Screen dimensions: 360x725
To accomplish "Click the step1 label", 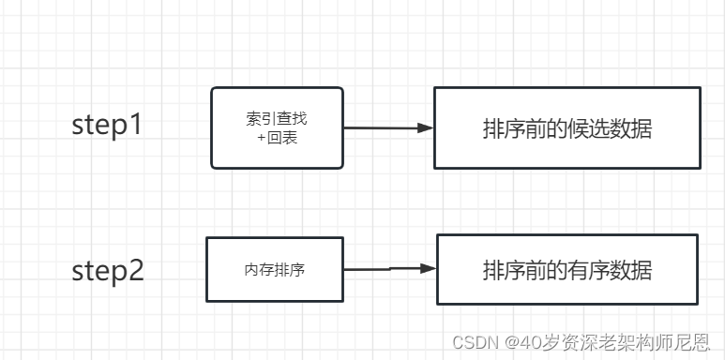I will pos(108,126).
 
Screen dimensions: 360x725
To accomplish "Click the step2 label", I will pos(108,271).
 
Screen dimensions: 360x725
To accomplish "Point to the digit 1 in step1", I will pos(136,126).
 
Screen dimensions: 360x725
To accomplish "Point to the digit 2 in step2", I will pos(136,271).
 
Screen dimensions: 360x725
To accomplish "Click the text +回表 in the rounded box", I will pos(276,137).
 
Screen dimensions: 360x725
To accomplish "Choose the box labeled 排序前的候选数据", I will pos(566,128).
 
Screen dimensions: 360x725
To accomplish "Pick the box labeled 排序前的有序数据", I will pos(566,269).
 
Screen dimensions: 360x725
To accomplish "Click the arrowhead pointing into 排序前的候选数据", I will pos(425,128).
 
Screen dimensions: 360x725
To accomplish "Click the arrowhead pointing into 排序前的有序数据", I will pos(428,268).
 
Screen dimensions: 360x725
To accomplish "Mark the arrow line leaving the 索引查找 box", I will pos(380,127).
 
